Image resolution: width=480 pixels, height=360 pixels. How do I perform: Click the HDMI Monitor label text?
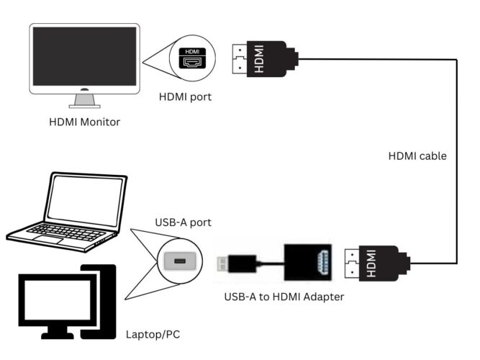(85, 122)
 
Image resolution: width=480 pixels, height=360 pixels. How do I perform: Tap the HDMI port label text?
(186, 96)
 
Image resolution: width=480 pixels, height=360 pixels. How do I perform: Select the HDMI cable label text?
(417, 156)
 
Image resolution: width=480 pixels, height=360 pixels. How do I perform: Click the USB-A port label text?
(184, 223)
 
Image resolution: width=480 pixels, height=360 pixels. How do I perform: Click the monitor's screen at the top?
(84, 55)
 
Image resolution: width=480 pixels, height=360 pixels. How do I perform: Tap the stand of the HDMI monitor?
(85, 99)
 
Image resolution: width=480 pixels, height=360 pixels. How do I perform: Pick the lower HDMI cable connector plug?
(374, 264)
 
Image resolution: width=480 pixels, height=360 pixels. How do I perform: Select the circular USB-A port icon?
(179, 260)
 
